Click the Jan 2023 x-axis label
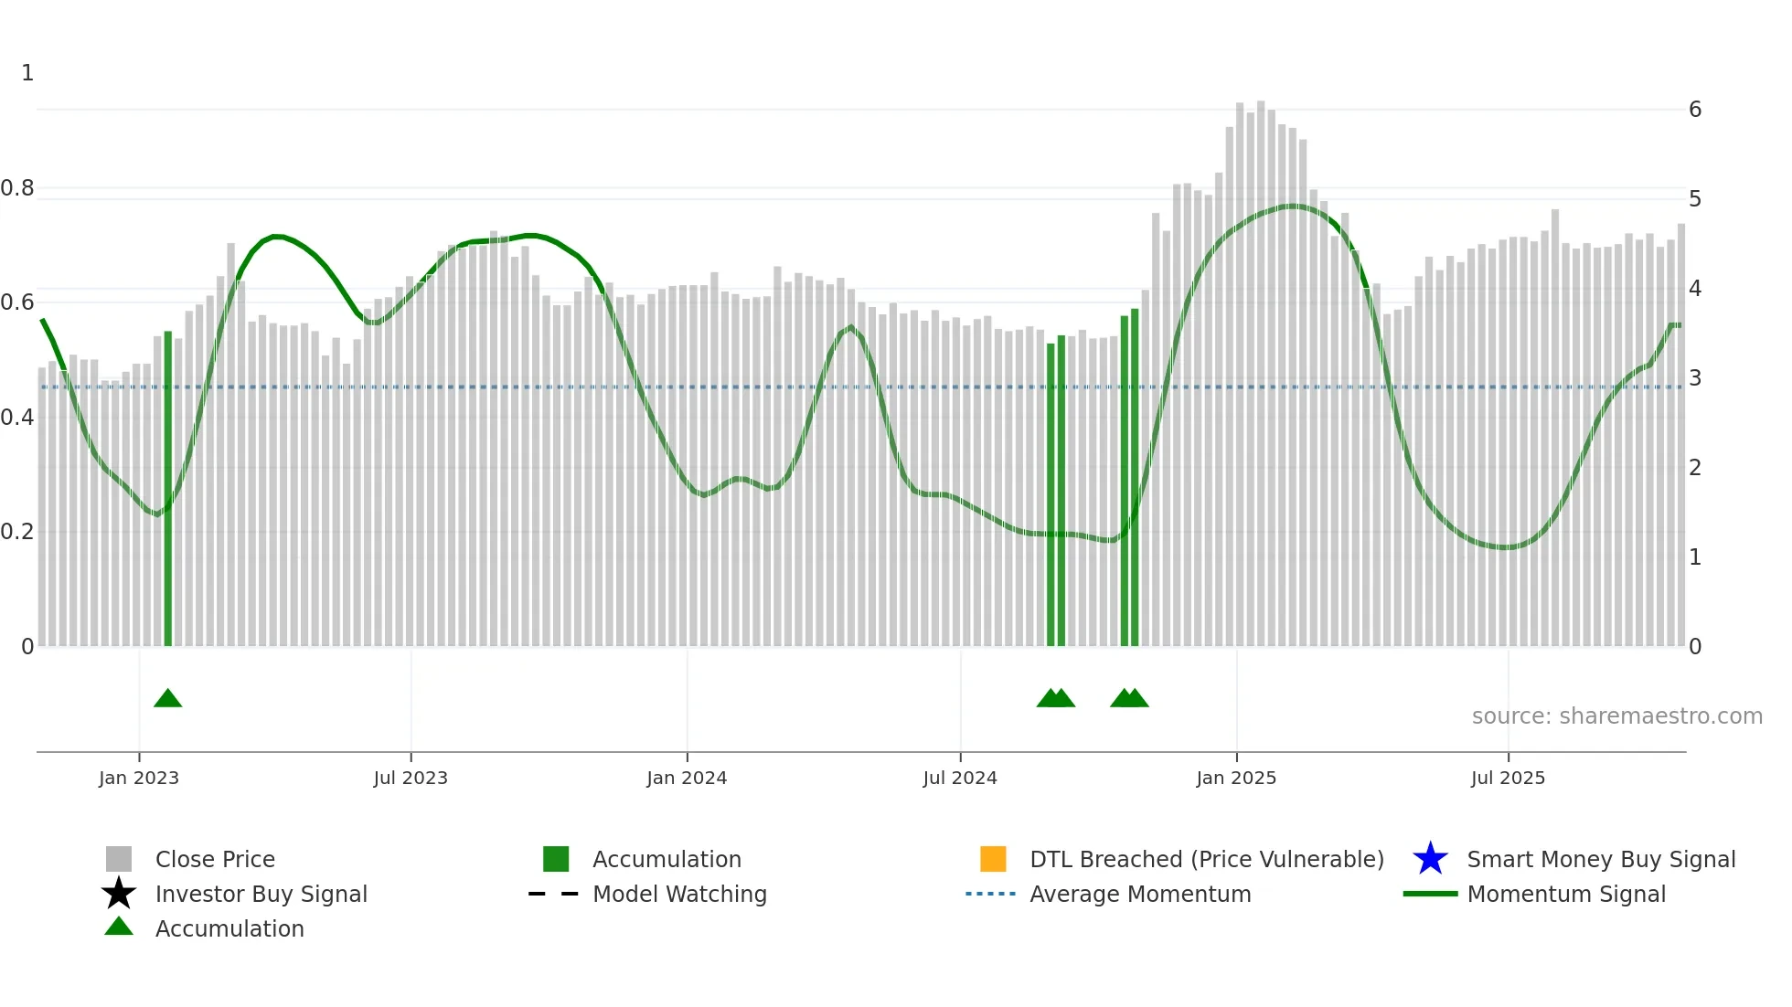point(139,778)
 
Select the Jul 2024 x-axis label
point(959,778)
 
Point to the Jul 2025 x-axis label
point(1508,778)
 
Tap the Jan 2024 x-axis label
point(687,778)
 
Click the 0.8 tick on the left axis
point(17,188)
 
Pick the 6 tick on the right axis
point(1695,110)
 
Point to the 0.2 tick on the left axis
point(17,532)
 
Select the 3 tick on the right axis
point(1695,378)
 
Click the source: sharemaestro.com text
point(1616,716)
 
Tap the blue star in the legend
point(1430,859)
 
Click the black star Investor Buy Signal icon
point(119,894)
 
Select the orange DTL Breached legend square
point(993,859)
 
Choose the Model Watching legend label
point(679,894)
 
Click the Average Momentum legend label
point(1140,894)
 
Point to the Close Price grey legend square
point(119,859)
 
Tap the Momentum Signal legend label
point(1566,894)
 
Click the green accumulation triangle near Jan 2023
point(168,699)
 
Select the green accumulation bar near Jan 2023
point(168,493)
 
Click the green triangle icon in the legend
point(119,927)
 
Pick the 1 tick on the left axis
point(27,73)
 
